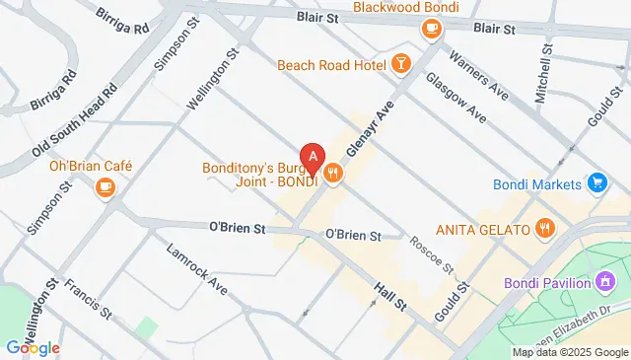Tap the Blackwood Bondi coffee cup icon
(x=431, y=30)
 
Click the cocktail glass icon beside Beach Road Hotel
(x=400, y=64)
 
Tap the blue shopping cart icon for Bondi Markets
(x=596, y=182)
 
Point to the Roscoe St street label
(x=433, y=254)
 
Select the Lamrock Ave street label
(x=197, y=268)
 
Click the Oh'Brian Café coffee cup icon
(x=105, y=186)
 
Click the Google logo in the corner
(x=34, y=346)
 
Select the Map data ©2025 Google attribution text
(x=568, y=352)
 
